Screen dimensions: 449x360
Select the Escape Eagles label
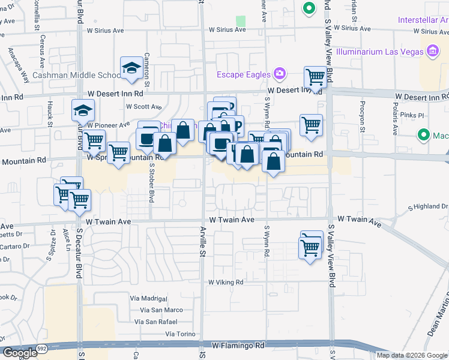point(243,74)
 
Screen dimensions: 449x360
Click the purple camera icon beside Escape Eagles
point(279,74)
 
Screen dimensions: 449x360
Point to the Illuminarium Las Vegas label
point(387,52)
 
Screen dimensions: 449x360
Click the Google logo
point(19,353)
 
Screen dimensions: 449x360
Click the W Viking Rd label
point(226,282)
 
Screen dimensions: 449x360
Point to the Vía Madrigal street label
point(148,298)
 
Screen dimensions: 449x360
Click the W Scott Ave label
point(143,107)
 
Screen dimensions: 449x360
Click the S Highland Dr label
point(428,206)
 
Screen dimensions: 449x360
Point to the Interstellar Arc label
point(423,20)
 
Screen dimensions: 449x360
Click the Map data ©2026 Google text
point(411,355)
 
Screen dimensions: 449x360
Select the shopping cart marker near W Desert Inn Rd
point(315,77)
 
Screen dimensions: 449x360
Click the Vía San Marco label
point(161,310)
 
